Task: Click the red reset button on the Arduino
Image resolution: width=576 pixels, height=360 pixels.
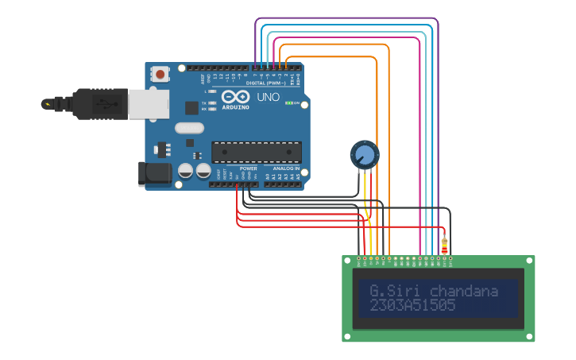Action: [160, 75]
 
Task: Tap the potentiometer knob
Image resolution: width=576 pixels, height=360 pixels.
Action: [365, 153]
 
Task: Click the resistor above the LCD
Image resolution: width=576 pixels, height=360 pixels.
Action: [444, 246]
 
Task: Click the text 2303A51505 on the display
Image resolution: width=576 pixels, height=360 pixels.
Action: [412, 306]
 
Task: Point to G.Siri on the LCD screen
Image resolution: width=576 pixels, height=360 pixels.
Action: [388, 291]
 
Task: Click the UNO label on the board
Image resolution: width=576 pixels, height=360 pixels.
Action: [268, 97]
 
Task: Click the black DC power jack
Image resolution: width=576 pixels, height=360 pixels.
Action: [155, 174]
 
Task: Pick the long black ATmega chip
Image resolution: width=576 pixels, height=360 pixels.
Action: [256, 151]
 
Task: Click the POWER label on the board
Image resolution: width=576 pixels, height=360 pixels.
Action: [248, 168]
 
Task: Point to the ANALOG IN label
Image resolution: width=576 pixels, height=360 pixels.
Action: [286, 168]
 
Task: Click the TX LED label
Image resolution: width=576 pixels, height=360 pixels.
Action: [204, 103]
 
